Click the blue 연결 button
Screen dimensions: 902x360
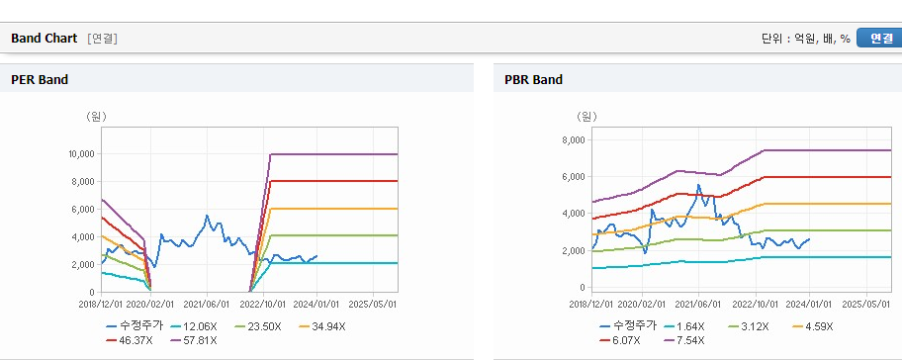tap(879, 38)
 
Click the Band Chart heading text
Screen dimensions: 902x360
tap(44, 38)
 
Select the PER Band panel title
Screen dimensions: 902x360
tap(40, 80)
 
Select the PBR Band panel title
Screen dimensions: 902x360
tap(533, 80)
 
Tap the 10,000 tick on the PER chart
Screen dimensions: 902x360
tap(82, 154)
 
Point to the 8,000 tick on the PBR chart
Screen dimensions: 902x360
tap(573, 139)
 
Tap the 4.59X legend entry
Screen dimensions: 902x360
tap(812, 326)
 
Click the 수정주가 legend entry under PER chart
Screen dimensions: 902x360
tap(135, 326)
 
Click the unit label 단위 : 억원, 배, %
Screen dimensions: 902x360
tap(805, 39)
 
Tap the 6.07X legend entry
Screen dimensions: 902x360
tap(619, 340)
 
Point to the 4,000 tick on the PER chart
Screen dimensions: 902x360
tap(84, 237)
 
